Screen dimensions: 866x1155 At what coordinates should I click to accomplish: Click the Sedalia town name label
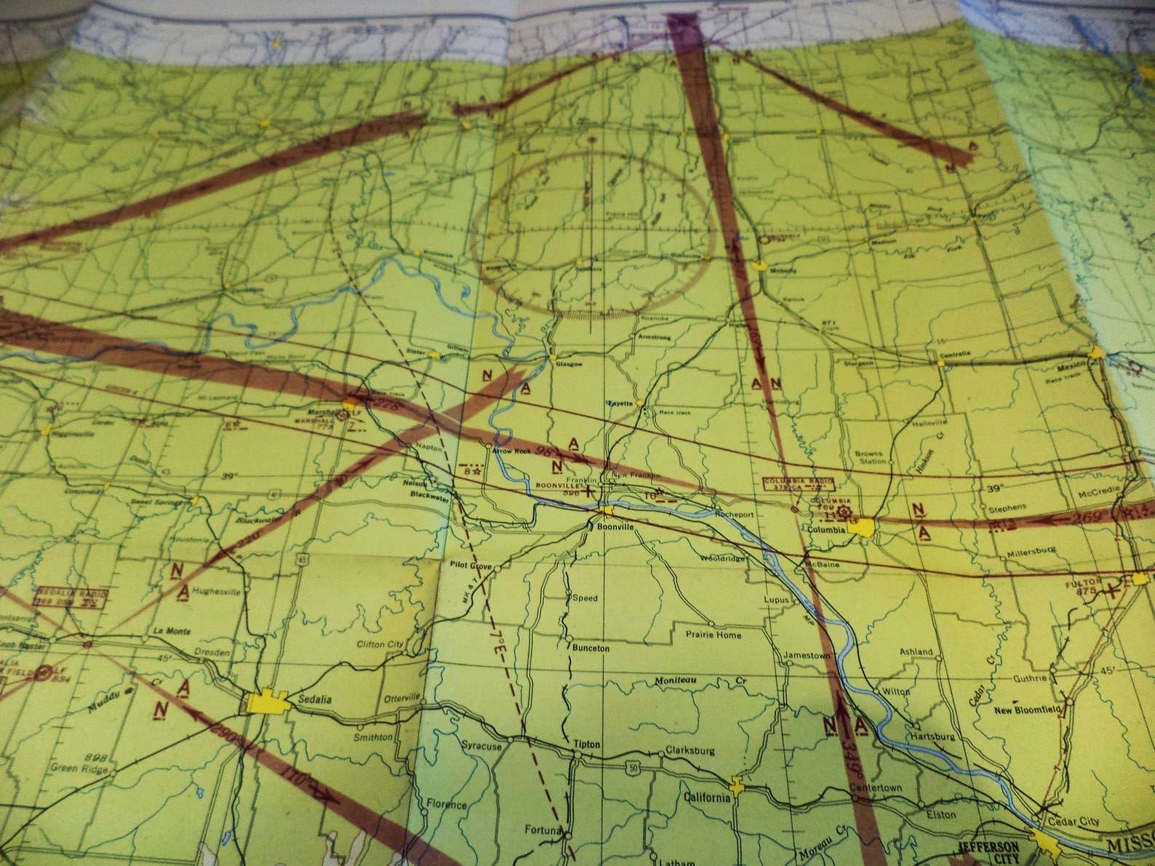[314, 699]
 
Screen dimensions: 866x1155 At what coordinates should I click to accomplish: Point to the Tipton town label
[587, 744]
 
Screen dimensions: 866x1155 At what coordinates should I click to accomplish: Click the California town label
[706, 798]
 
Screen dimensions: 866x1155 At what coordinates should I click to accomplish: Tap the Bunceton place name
[591, 647]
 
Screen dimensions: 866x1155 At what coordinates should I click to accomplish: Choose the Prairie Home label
[714, 635]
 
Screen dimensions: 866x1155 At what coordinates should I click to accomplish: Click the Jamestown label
[806, 655]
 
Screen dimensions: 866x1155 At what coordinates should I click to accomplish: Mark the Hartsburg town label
[933, 737]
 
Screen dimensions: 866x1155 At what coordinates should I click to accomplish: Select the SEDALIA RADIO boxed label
[71, 597]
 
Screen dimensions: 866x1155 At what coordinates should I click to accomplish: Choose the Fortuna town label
[544, 830]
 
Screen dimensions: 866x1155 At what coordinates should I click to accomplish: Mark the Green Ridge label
[73, 767]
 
